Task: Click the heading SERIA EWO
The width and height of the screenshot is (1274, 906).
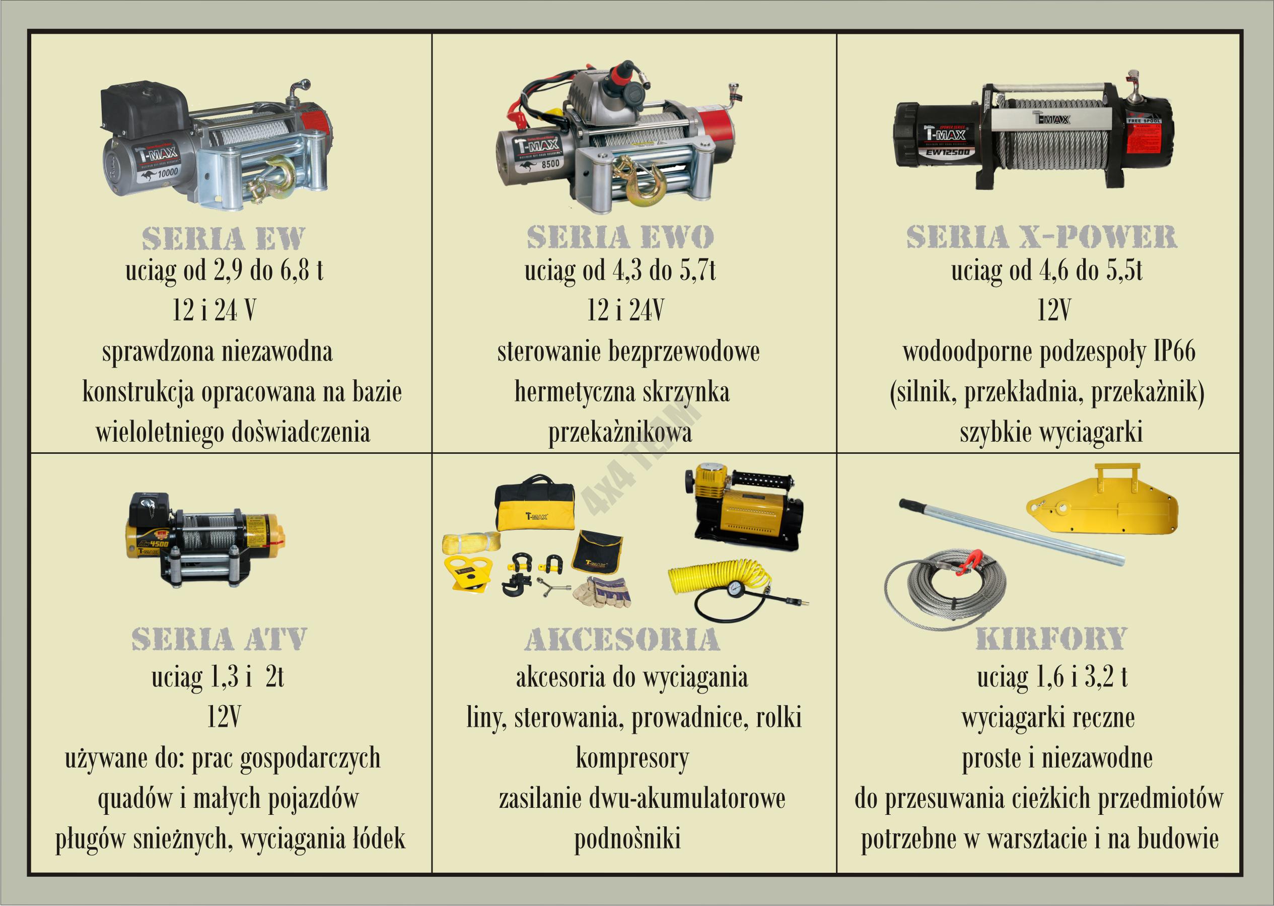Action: [620, 238]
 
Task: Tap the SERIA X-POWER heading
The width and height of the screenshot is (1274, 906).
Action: [1041, 237]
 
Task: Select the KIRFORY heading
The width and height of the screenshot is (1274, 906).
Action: [1051, 639]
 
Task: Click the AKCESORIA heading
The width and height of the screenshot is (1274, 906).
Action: [622, 639]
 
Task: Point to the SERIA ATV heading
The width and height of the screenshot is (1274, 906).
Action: [219, 639]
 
